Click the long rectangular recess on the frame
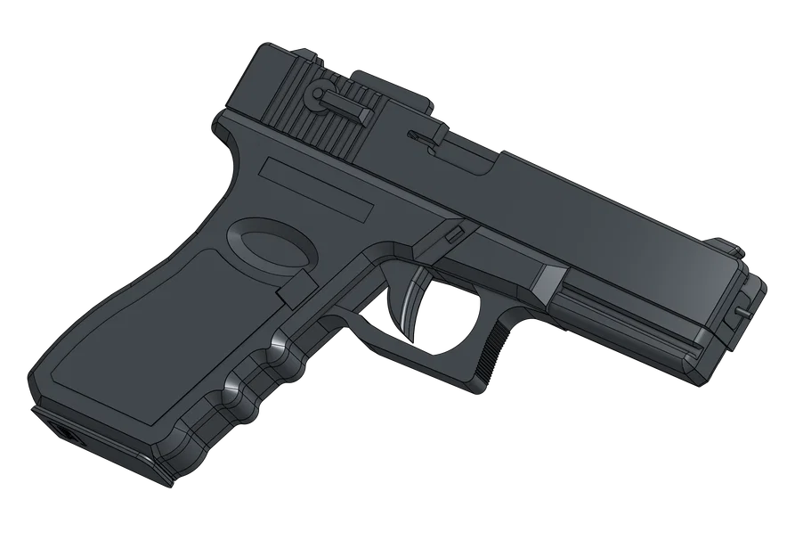319,190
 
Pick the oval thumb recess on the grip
271,243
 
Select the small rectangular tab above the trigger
455,233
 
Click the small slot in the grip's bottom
68,435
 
